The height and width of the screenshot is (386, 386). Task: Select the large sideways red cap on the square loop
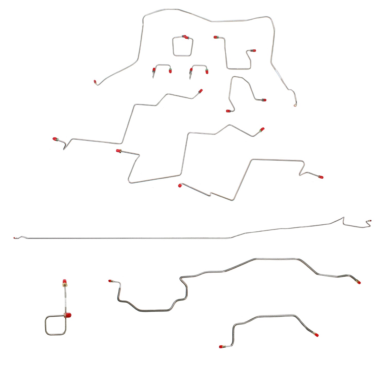[68, 315]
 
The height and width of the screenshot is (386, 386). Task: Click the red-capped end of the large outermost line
[95, 82]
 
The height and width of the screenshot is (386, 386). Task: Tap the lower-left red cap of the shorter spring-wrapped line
[221, 347]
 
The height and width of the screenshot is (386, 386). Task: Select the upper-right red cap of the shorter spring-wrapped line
[316, 335]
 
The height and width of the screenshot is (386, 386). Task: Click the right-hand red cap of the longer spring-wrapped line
[359, 282]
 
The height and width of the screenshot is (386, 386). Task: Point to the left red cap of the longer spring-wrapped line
[110, 281]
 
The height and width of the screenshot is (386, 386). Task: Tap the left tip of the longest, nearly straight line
[15, 238]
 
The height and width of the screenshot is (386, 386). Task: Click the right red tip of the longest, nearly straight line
[370, 221]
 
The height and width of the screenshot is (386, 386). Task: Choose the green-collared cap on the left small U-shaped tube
[170, 71]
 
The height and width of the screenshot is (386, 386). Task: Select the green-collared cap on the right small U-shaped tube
[207, 71]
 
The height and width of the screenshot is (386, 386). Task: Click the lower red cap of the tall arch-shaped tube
[228, 111]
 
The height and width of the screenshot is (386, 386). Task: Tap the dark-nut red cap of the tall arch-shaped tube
[264, 100]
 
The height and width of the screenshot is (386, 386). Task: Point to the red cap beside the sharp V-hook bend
[55, 139]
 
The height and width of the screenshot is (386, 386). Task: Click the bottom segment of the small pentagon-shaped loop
[182, 56]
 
